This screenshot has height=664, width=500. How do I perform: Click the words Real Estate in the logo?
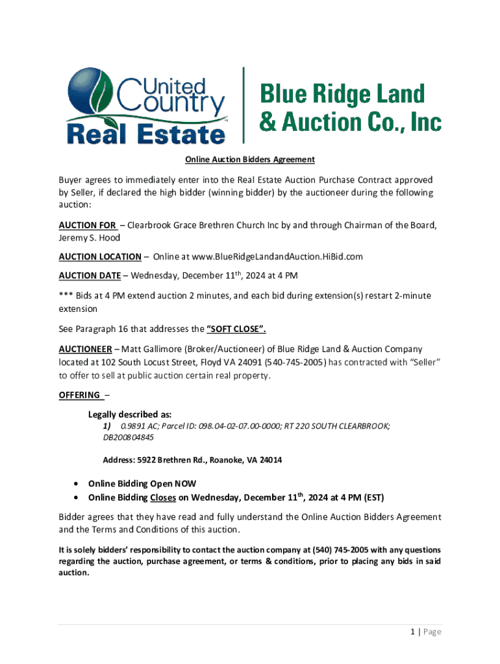(x=145, y=134)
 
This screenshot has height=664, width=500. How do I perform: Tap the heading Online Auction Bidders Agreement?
(x=250, y=160)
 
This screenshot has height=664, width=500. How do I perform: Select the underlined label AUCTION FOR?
(x=88, y=226)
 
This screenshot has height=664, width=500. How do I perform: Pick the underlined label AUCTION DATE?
(x=90, y=276)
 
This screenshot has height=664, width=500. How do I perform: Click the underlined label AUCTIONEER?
(x=85, y=350)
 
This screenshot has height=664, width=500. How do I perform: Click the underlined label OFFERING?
(x=80, y=395)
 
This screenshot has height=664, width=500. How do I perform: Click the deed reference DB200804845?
(x=129, y=437)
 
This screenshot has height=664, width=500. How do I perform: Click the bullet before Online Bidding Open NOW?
(x=77, y=484)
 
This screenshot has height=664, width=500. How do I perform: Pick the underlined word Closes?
(x=163, y=498)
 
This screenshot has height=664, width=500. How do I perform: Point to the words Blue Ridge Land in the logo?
(x=342, y=95)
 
